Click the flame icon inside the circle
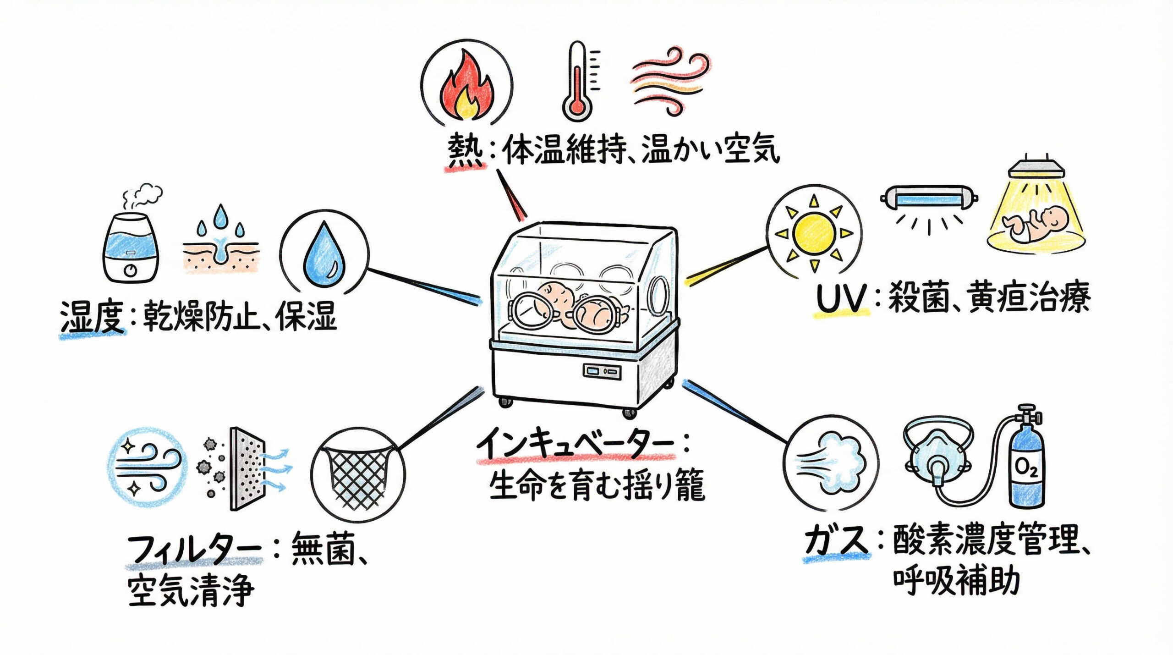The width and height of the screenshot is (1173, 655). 466,87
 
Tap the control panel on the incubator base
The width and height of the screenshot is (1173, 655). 602,371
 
